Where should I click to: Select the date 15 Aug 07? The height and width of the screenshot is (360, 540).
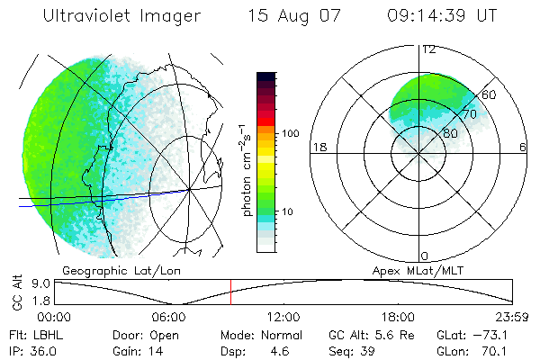(x=293, y=16)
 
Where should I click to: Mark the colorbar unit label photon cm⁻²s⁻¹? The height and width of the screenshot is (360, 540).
(x=247, y=171)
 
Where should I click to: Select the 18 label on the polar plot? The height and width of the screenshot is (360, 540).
(x=318, y=147)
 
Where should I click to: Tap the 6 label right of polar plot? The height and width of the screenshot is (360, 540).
(x=523, y=147)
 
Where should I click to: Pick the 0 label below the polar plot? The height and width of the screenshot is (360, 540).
(x=425, y=256)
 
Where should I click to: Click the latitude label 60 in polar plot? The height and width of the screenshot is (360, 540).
(x=490, y=94)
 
